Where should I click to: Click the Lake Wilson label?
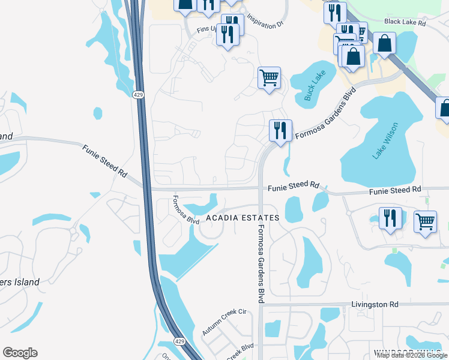point(385,140)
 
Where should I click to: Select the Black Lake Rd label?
point(405,22)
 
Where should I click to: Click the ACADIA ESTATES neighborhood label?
point(243,218)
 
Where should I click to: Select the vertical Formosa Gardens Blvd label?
point(261,264)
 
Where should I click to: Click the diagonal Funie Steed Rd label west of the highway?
point(105,162)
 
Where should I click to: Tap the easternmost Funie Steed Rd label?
point(395,190)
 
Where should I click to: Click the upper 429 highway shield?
point(139,95)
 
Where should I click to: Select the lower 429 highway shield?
point(179,341)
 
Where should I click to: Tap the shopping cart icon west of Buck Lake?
point(269,77)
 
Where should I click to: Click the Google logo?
point(20,353)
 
